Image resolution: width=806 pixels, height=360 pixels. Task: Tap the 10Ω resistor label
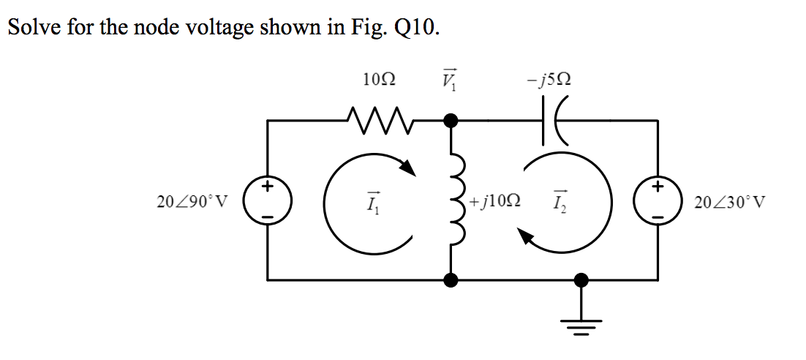tap(379, 79)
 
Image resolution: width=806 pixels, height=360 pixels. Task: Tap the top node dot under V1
tap(452, 119)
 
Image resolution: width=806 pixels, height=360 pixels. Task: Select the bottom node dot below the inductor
tap(452, 280)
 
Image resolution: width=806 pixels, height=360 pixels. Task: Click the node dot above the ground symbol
tap(581, 280)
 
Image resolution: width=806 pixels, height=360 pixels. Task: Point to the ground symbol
tap(581, 323)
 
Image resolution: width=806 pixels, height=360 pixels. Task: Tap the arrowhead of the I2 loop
tap(526, 236)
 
